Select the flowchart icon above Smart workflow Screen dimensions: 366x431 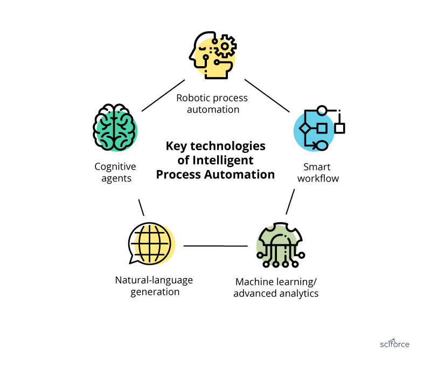pos(319,129)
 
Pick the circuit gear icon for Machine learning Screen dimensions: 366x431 pos(279,245)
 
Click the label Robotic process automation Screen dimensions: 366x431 pos(212,103)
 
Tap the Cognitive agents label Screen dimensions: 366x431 pos(116,172)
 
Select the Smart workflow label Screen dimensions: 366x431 pos(321,172)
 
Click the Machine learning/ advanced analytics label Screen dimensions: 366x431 pos(276,287)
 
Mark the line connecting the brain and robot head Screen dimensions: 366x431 pos(163,95)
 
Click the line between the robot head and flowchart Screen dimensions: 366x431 pos(268,95)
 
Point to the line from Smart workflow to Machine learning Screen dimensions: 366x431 pos(290,202)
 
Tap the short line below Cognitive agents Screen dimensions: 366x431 pos(141,207)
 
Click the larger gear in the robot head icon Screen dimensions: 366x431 pos(225,47)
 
